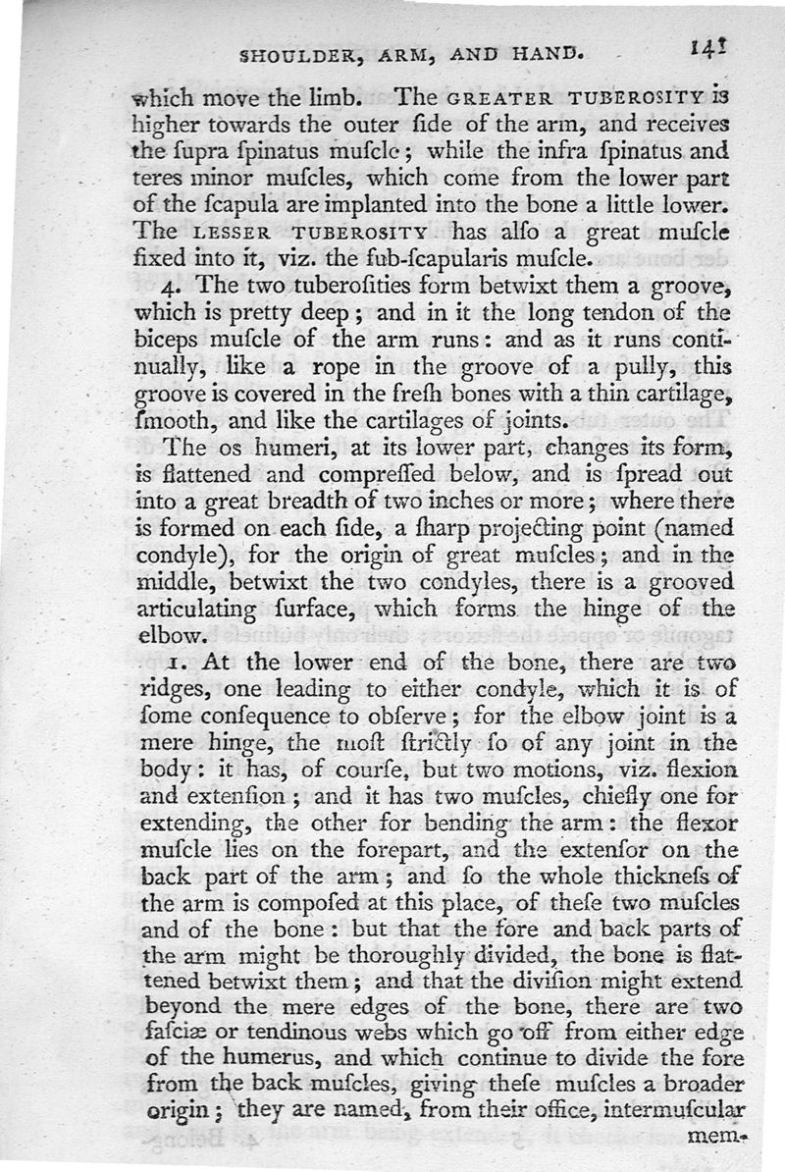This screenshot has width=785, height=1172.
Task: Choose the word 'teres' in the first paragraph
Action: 155,181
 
